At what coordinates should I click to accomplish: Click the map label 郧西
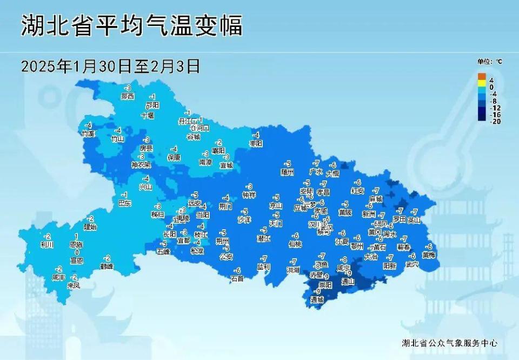[x=128, y=96]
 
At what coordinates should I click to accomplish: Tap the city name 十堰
[x=147, y=115]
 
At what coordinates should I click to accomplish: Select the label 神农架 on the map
[x=141, y=164]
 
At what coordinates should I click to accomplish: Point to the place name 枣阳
[x=256, y=144]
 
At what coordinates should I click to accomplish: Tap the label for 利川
[x=47, y=245]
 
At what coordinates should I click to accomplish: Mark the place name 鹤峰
[x=107, y=266]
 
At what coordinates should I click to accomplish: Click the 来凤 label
[x=74, y=285]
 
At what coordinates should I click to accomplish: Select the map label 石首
[x=237, y=279]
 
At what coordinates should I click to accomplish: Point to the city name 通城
[x=317, y=299]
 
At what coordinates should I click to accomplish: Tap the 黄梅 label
[x=429, y=255]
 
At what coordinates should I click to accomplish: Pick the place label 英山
[x=414, y=220]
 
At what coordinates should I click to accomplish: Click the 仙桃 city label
[x=295, y=244]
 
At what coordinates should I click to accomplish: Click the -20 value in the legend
[x=495, y=121]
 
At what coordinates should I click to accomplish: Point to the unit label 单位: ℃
[x=489, y=62]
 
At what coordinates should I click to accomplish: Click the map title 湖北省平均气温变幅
[x=132, y=25]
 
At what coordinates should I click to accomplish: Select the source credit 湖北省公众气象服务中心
[x=449, y=343]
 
